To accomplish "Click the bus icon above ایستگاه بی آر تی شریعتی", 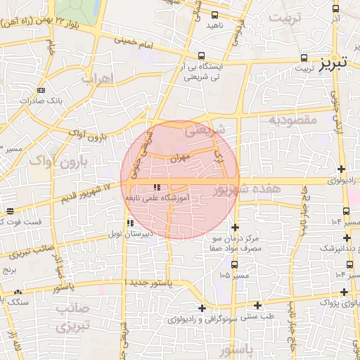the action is [202, 56].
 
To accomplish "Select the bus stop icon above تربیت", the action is [304, 58].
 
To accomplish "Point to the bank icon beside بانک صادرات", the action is [40, 90].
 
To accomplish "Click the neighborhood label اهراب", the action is [97, 79].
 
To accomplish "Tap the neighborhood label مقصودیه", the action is [294, 120].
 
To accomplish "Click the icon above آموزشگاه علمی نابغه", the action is [157, 187].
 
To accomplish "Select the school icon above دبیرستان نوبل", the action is [129, 223].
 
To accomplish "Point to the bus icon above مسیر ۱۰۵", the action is [234, 264].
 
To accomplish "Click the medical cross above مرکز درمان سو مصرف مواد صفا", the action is [234, 227].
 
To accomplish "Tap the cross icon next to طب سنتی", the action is [258, 305].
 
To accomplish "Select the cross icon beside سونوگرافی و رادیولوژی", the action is [202, 308].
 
